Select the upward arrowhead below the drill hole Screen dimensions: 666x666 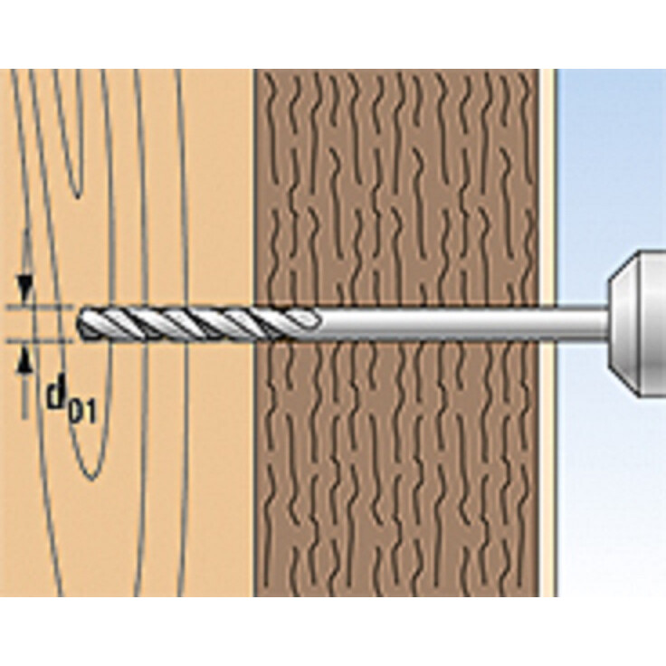click(26, 362)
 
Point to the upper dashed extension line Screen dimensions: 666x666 click(41, 306)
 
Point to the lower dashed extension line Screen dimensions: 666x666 click(41, 340)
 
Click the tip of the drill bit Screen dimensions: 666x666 click(78, 324)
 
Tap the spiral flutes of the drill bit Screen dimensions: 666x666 click(197, 324)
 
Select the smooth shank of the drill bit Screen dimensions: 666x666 click(463, 324)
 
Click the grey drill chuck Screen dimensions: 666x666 click(637, 324)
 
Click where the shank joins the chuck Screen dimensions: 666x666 click(608, 324)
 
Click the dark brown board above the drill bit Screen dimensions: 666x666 click(397, 187)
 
